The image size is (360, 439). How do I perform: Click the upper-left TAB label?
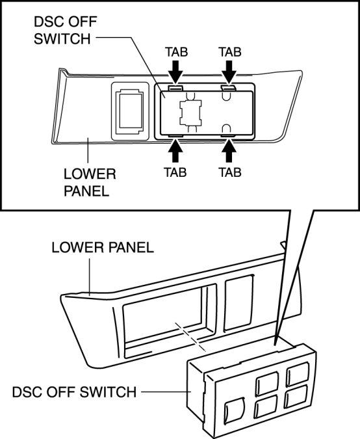(176, 52)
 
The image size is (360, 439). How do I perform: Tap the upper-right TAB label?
(229, 52)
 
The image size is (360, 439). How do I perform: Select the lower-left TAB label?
(175, 172)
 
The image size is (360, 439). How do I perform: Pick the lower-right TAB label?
(229, 172)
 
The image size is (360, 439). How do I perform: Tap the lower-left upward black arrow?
(175, 151)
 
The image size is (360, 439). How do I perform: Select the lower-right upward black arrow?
(229, 151)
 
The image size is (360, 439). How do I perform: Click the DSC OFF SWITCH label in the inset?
(65, 30)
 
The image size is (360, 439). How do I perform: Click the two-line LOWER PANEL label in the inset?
(90, 183)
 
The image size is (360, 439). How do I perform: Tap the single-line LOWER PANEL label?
(103, 248)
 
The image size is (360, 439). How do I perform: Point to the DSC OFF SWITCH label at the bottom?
(74, 392)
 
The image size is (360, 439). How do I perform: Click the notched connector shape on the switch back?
(191, 113)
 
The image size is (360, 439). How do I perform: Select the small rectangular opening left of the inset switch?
(130, 111)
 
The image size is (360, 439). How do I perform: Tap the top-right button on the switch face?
(298, 374)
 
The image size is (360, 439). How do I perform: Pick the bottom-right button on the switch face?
(296, 397)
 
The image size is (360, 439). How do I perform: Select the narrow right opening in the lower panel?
(239, 302)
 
